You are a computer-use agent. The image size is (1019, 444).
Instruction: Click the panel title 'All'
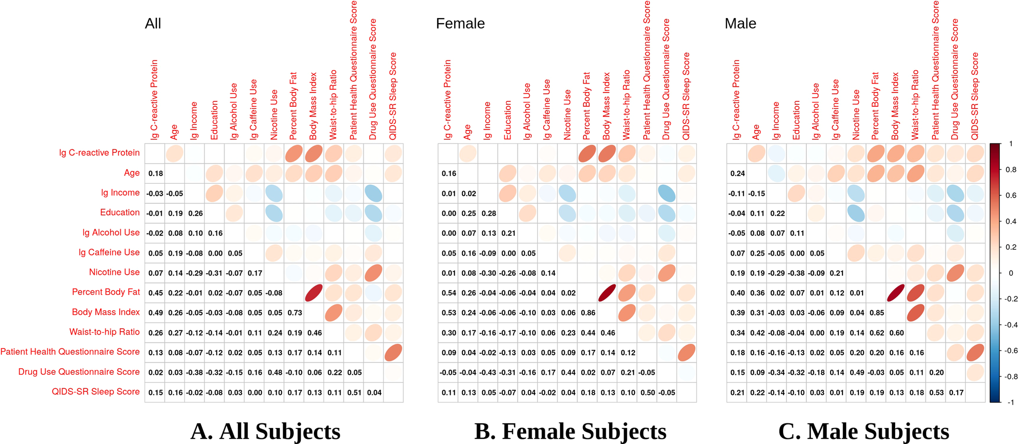pos(153,24)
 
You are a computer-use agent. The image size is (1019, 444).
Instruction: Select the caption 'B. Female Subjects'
pos(570,431)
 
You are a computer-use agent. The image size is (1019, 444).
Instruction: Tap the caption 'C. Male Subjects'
pos(863,431)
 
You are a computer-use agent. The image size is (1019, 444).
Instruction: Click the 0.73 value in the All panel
pos(295,313)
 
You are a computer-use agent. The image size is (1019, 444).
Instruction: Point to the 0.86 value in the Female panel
pos(588,313)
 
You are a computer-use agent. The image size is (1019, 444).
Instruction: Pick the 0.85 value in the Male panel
pos(877,313)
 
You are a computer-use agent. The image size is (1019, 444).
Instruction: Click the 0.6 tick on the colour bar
pos(1011,196)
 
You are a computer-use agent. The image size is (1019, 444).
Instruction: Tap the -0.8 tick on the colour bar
pos(1011,377)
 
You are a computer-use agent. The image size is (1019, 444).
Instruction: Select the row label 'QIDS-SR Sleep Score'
pos(95,392)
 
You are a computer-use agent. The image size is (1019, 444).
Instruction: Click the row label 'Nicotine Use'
pos(114,272)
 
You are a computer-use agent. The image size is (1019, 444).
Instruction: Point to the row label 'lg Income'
pos(120,193)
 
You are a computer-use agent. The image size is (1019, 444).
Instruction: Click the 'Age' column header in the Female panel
pos(468,132)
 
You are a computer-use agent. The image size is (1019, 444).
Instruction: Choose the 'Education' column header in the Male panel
pos(797,120)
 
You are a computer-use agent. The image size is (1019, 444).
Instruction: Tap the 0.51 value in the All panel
pos(354,393)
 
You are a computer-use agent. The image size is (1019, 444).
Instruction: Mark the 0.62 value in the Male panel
pos(877,333)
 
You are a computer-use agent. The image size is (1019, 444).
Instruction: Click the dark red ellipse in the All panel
pos(314,293)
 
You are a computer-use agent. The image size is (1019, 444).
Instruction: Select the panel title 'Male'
pos(740,24)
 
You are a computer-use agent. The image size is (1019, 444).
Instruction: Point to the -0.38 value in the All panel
pos(195,373)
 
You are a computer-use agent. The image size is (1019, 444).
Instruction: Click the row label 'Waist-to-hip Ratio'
pos(104,332)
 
